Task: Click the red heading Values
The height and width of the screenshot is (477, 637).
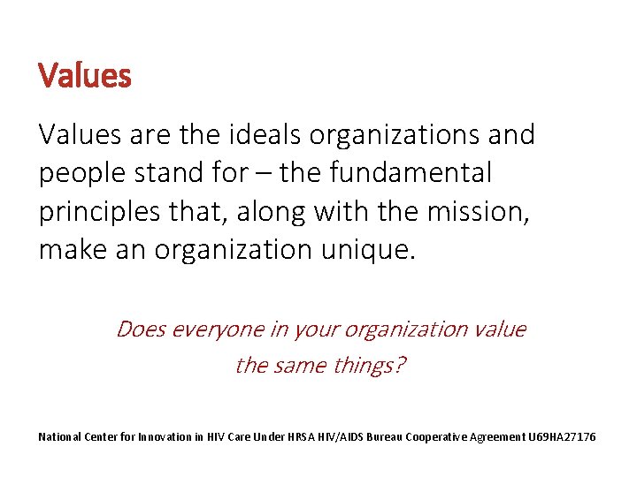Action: (85, 75)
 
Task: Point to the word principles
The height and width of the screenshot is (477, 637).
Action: (97, 212)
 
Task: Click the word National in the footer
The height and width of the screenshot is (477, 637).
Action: (60, 436)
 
